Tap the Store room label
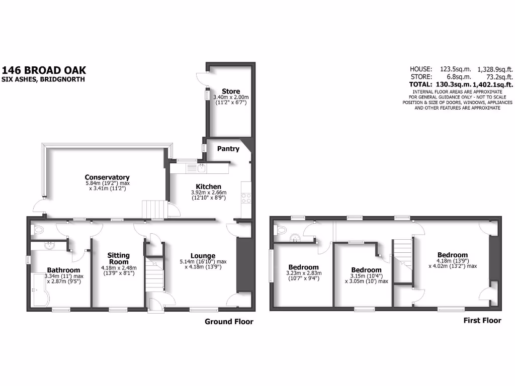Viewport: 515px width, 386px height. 231,91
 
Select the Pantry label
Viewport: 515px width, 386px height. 227,149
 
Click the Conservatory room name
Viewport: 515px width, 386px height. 107,177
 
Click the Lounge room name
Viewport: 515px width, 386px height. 203,256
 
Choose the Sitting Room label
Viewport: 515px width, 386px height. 118,259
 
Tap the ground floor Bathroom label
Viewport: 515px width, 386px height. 63,270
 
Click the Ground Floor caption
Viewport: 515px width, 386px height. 229,322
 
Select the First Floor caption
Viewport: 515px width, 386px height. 482,320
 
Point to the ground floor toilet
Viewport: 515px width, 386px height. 39,230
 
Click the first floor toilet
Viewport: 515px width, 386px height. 282,232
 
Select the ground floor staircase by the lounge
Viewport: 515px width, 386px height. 154,274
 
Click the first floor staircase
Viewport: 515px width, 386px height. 402,251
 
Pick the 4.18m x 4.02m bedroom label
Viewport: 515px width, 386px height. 452,255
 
